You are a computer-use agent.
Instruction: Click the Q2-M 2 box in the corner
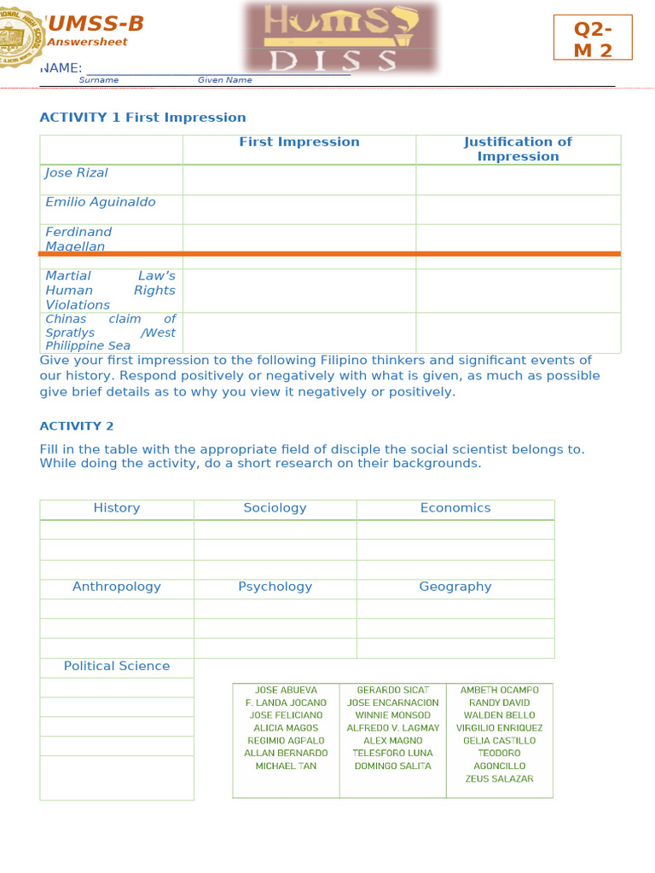pos(593,38)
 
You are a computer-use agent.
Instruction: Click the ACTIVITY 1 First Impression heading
pos(142,118)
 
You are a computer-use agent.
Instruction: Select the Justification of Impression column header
pos(518,149)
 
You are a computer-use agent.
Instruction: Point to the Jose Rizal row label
pos(77,173)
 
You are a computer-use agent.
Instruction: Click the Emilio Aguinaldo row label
pos(101,202)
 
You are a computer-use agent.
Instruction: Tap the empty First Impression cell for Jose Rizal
pos(299,180)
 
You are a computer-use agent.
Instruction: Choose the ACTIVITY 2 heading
pos(77,426)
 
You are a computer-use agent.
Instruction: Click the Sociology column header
pos(275,508)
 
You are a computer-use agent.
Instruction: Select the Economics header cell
pos(455,508)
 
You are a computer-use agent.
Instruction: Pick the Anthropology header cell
pos(117,587)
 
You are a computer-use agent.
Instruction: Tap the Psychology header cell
pos(275,587)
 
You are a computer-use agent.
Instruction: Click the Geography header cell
pos(455,587)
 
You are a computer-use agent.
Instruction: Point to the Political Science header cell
pos(117,666)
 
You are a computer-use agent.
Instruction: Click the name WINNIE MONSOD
pos(392,715)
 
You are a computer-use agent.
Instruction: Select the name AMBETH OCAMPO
pos(500,690)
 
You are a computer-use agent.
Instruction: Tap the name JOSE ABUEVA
pos(286,690)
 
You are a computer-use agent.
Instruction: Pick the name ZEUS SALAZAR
pos(500,778)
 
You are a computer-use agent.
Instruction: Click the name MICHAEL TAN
pos(286,766)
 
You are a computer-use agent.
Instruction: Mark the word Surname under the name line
pos(99,80)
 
